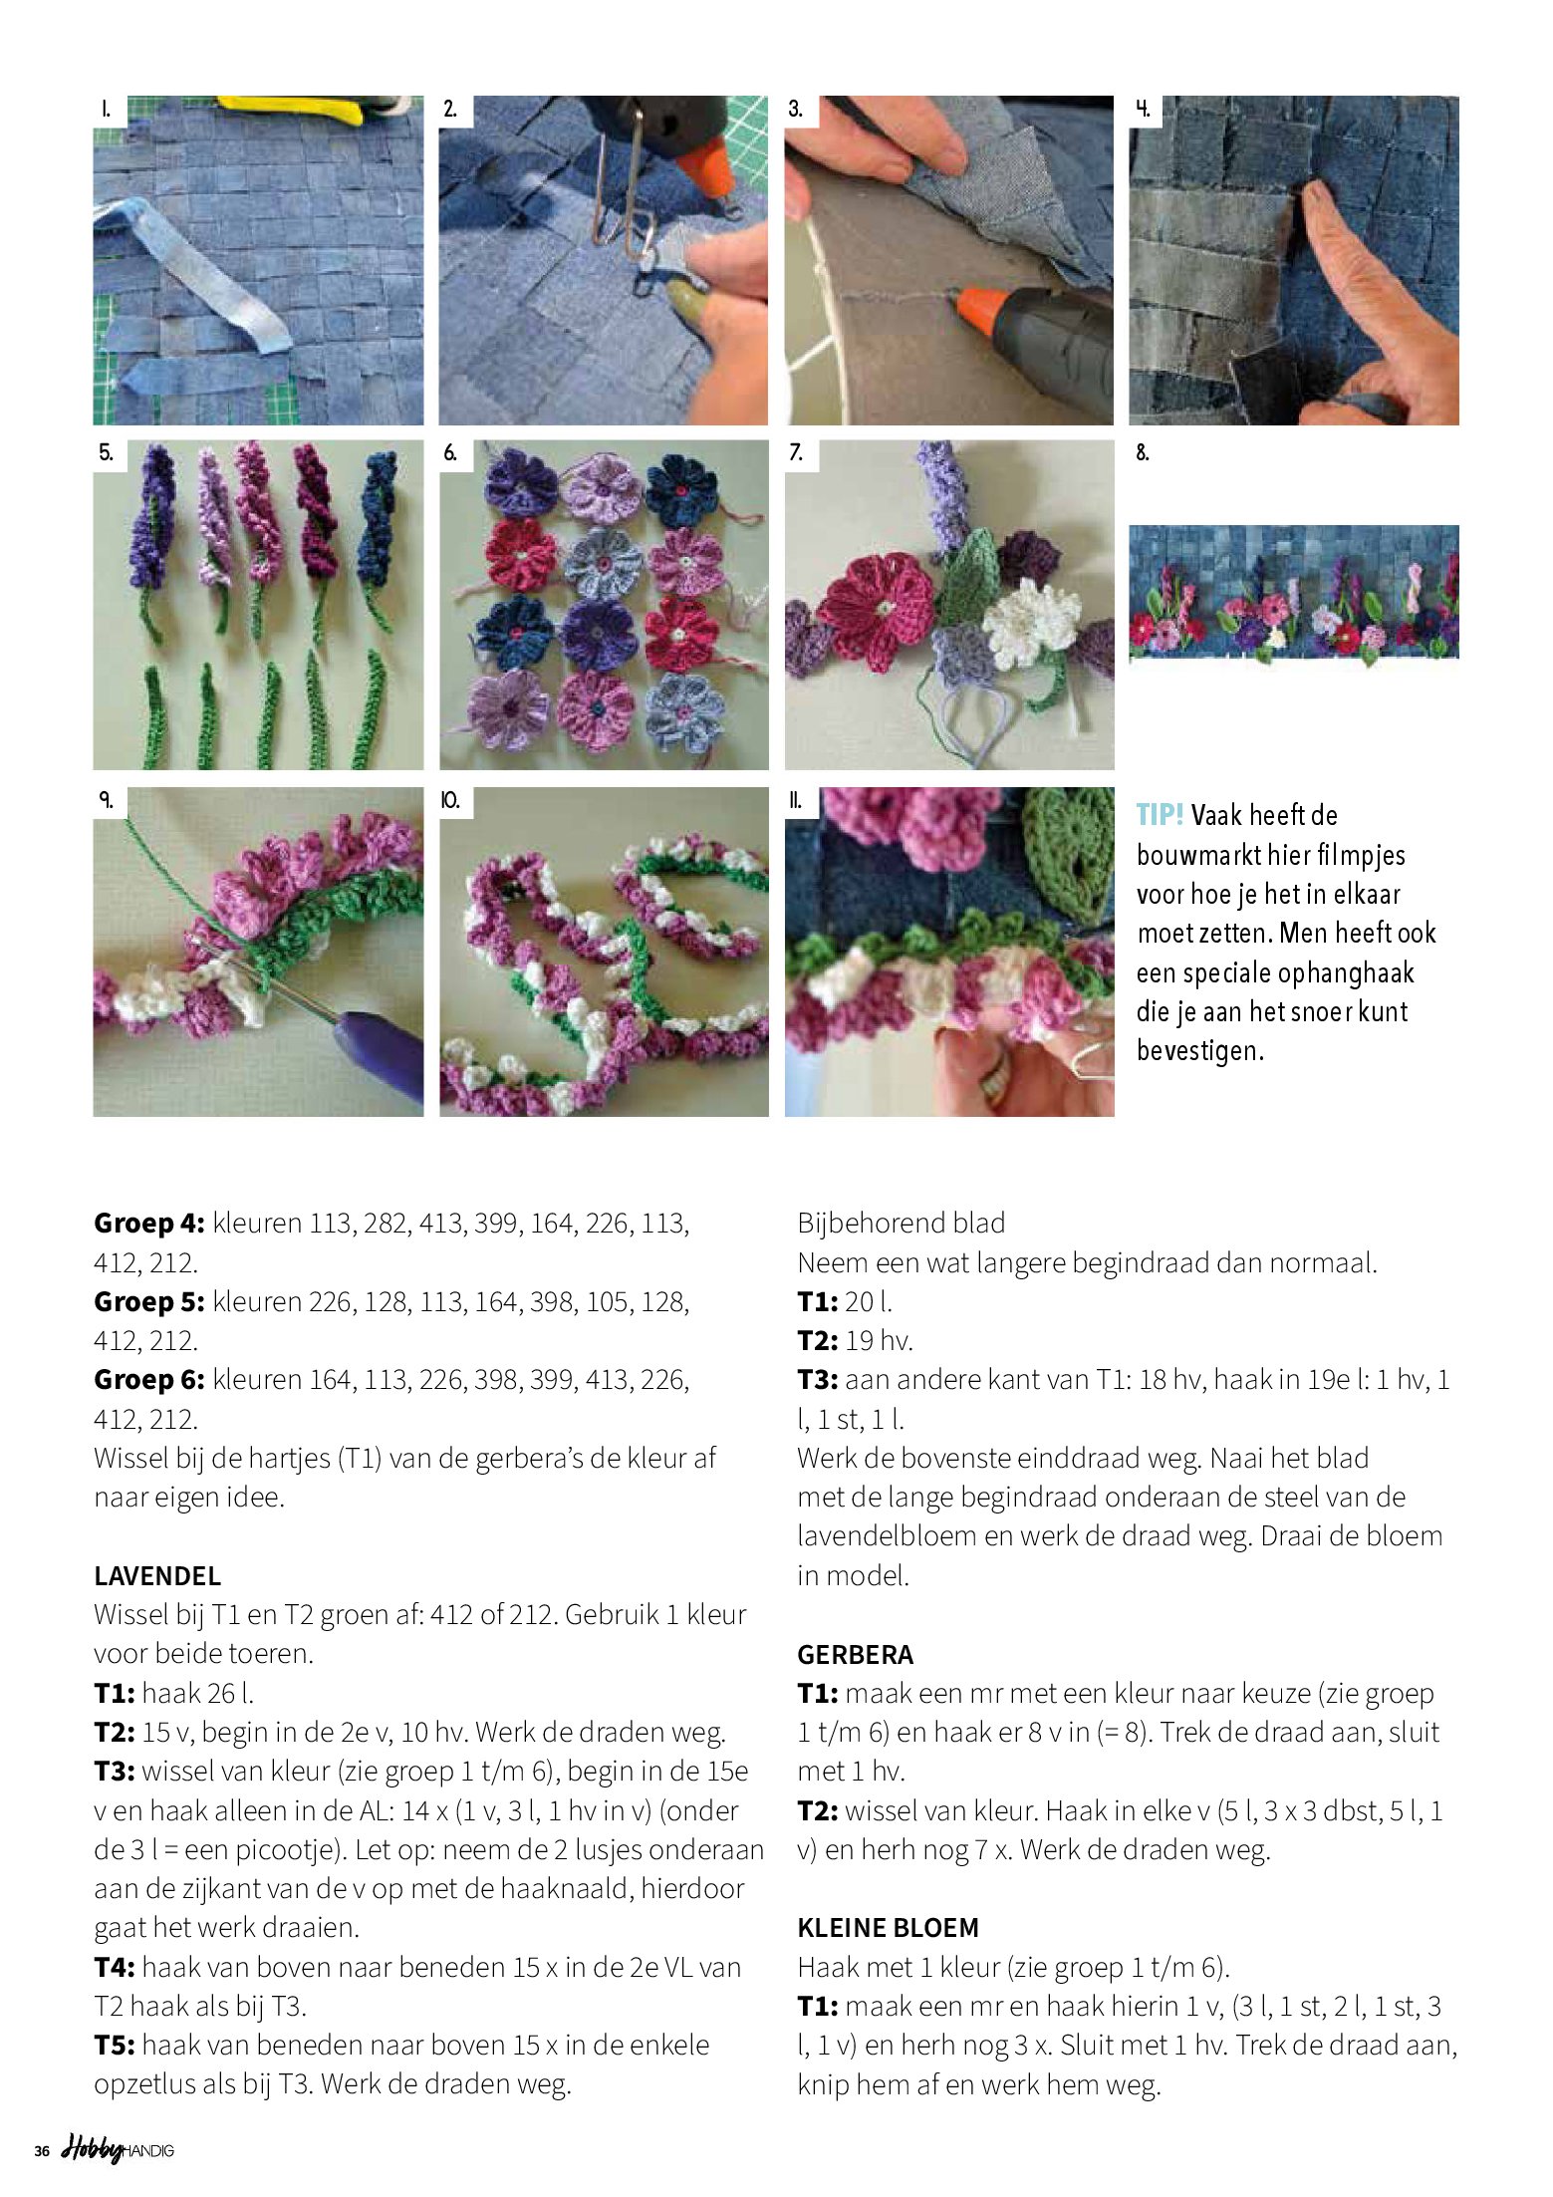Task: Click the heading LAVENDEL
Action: tap(157, 1575)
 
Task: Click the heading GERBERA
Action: tap(855, 1654)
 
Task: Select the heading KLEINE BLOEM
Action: tap(888, 1928)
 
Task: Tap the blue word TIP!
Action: tap(1159, 815)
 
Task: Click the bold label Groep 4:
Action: tap(148, 1224)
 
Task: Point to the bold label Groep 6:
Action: tap(148, 1380)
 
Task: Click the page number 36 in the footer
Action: tap(42, 2151)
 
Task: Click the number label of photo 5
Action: tap(106, 453)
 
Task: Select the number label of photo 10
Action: tap(450, 800)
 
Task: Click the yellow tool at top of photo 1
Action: tap(289, 109)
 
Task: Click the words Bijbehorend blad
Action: tap(901, 1224)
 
